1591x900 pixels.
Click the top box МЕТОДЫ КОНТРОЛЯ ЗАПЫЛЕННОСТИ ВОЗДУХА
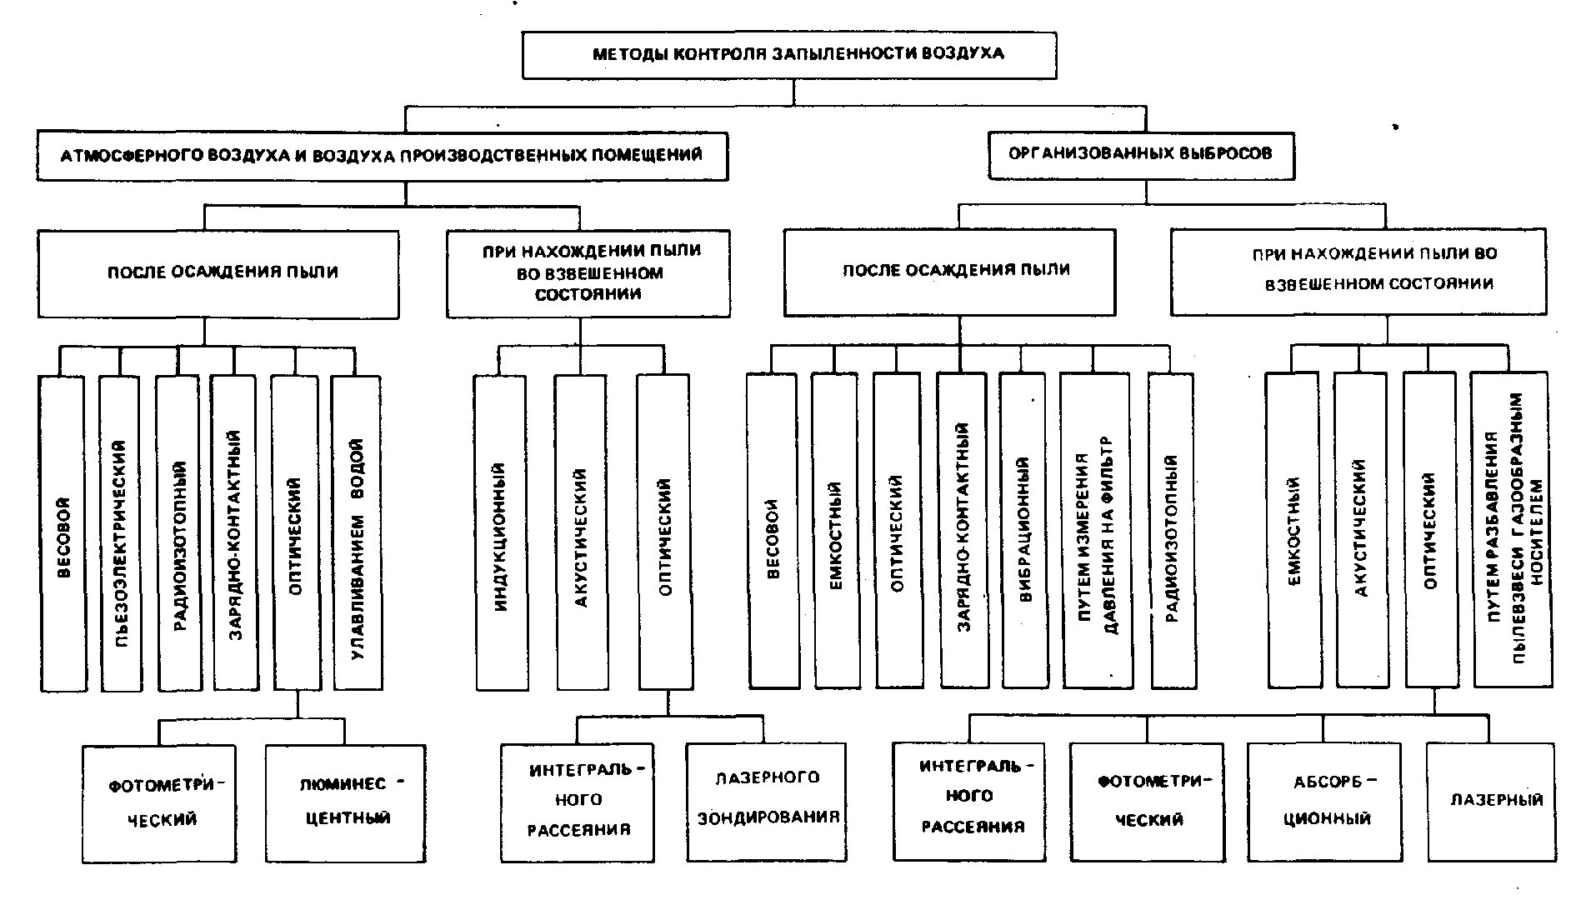click(x=789, y=55)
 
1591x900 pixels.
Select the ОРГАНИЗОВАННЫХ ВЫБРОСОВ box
click(x=1141, y=155)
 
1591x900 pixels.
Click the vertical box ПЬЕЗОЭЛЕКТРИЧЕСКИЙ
click(x=121, y=533)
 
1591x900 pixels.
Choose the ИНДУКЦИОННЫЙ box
click(x=501, y=532)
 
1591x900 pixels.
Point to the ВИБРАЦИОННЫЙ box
click(x=1024, y=530)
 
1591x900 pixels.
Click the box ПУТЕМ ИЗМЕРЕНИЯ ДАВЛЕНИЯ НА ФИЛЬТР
click(x=1097, y=530)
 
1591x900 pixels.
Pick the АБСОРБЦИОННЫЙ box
click(x=1324, y=801)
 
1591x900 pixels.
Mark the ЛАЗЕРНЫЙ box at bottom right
click(x=1491, y=801)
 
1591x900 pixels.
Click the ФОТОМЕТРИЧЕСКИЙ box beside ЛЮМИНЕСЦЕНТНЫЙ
click(x=159, y=803)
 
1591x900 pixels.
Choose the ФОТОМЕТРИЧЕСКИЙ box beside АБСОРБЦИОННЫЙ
click(x=1148, y=801)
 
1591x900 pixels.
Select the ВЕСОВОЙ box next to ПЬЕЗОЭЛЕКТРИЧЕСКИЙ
click(x=63, y=533)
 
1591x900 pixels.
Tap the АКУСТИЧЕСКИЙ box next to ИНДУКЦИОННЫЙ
click(x=582, y=532)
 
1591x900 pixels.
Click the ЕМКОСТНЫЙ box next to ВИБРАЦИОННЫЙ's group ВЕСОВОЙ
click(x=836, y=530)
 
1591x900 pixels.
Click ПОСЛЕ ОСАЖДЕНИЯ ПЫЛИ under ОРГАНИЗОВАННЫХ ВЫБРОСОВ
click(x=950, y=272)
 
